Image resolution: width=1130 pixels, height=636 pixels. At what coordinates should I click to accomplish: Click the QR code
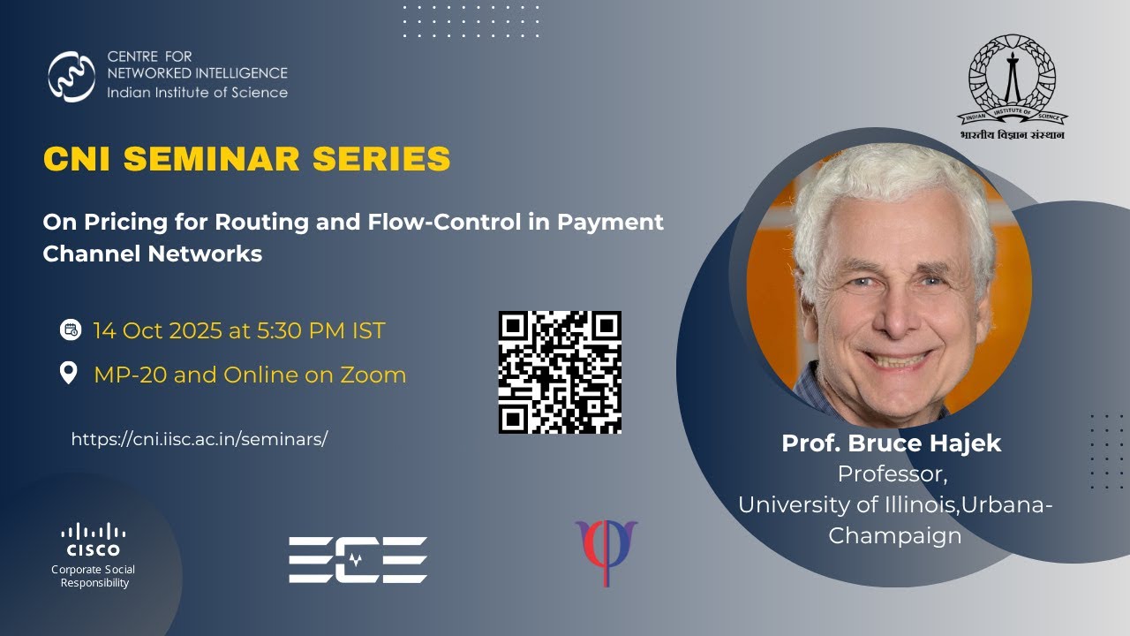click(x=560, y=372)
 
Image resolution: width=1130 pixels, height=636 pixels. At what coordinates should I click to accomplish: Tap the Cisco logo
click(x=93, y=540)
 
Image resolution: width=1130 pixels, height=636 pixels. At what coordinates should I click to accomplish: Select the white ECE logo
click(x=358, y=559)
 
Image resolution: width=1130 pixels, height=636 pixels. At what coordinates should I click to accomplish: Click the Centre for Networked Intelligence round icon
click(x=72, y=76)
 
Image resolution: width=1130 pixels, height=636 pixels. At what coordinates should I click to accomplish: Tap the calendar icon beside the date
click(x=70, y=330)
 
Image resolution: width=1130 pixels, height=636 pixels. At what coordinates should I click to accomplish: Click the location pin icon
click(x=69, y=374)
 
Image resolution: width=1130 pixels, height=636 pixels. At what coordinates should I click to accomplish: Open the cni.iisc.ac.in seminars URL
click(x=199, y=439)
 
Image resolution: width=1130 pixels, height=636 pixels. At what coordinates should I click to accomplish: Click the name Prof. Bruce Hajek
click(x=891, y=443)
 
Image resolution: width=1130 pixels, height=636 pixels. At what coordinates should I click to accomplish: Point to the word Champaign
click(x=894, y=535)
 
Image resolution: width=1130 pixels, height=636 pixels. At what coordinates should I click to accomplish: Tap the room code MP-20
click(x=130, y=375)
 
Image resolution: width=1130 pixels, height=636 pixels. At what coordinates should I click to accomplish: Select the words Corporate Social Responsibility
click(x=94, y=576)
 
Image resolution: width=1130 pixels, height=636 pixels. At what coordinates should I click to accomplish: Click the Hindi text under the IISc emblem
click(x=1012, y=135)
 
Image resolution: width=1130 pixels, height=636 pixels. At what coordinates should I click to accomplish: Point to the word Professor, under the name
click(x=892, y=474)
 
